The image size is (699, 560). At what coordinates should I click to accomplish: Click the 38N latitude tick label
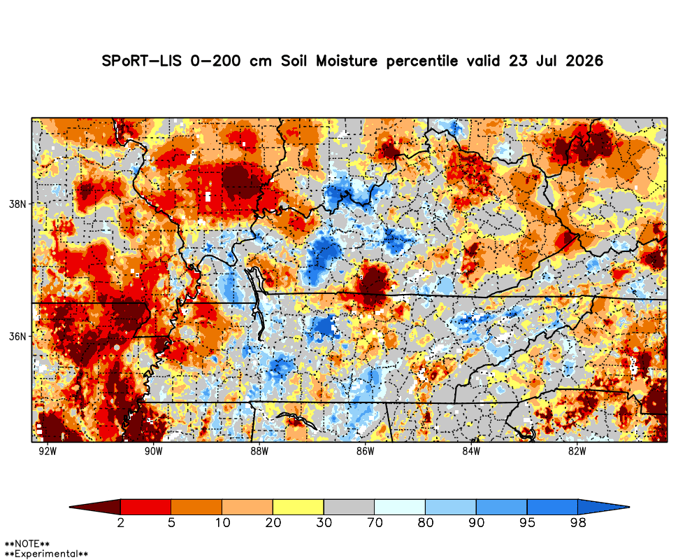[17, 204]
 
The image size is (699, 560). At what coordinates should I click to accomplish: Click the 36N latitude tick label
[17, 336]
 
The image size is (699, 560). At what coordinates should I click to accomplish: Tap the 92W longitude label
[48, 451]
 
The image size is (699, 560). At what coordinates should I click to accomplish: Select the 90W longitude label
[153, 451]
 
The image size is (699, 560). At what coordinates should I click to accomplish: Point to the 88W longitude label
[259, 451]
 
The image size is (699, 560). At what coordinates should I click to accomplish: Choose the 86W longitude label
[365, 451]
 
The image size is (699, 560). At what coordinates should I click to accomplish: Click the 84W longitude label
[471, 451]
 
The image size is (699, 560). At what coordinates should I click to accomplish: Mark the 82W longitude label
[577, 451]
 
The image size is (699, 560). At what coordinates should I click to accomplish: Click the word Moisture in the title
[347, 61]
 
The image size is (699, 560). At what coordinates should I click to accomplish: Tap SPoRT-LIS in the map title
[142, 61]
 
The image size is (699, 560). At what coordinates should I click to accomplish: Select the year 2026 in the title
[584, 61]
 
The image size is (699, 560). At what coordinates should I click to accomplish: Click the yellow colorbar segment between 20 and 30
[298, 507]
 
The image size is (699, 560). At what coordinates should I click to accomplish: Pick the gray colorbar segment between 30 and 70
[349, 507]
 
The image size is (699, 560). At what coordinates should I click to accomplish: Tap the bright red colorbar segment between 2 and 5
[146, 507]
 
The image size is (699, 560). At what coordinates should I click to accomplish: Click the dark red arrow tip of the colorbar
[70, 507]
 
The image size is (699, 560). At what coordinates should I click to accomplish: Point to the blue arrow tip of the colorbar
[629, 507]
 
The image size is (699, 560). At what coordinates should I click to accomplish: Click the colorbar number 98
[578, 522]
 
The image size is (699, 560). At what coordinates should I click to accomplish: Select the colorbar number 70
[375, 522]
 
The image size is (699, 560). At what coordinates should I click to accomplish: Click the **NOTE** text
[27, 545]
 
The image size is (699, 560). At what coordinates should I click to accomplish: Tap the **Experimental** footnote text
[46, 554]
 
